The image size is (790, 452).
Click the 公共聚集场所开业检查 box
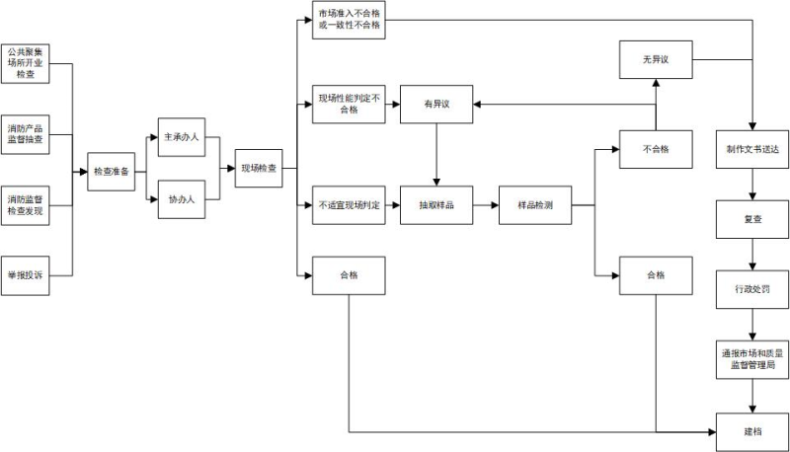(39, 61)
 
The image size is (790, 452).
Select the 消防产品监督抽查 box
(39, 133)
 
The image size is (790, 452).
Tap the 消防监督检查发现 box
(39, 205)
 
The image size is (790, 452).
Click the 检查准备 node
(111, 172)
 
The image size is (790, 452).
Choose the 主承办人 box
(182, 137)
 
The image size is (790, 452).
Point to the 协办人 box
(182, 199)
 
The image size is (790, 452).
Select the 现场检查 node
(259, 169)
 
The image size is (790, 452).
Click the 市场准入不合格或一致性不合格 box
(349, 21)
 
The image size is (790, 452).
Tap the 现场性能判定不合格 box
(349, 104)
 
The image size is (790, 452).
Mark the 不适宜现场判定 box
(349, 205)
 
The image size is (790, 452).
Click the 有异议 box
(436, 104)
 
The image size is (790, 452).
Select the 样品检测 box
(534, 205)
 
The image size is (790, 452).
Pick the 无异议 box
(656, 61)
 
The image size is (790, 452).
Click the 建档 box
(753, 432)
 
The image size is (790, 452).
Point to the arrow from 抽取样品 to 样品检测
(486, 205)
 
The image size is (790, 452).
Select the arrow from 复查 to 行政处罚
(753, 254)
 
